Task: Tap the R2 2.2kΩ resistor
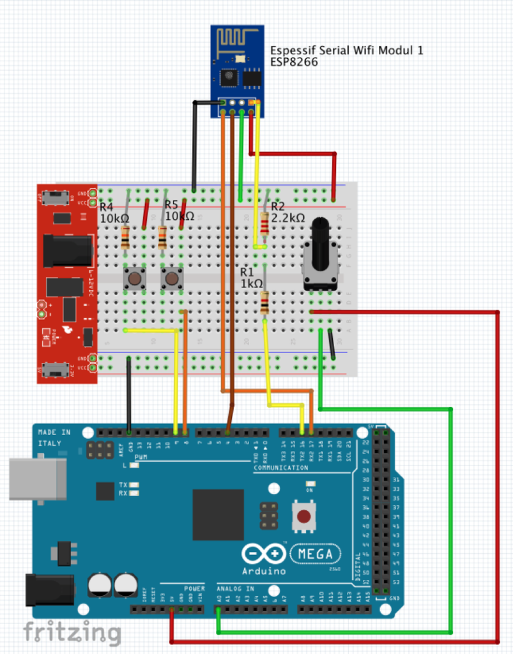point(264,225)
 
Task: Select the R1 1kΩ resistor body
point(264,301)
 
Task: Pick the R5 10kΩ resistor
point(162,238)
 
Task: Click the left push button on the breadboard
point(135,278)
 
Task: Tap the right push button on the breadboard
point(171,278)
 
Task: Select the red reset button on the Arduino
point(305,516)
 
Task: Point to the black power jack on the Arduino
point(47,589)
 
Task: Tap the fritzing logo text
point(72,632)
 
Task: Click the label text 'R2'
point(278,206)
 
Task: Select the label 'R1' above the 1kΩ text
point(247,272)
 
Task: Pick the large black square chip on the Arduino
point(218,515)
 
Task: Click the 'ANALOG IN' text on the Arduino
point(235,588)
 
